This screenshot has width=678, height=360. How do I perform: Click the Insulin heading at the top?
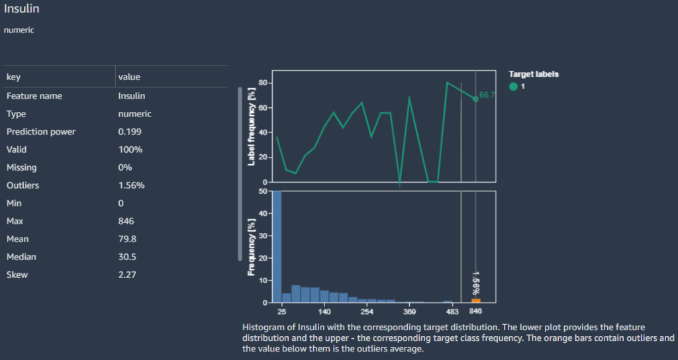click(x=21, y=10)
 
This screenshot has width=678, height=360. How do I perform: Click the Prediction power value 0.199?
click(x=130, y=132)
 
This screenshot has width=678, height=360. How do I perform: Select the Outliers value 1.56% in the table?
click(x=131, y=185)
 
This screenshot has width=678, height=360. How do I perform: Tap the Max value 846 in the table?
click(x=126, y=221)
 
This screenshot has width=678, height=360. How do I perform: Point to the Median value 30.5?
click(x=127, y=257)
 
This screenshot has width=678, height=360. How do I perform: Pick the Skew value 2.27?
click(x=127, y=275)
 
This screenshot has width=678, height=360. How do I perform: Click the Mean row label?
click(x=18, y=239)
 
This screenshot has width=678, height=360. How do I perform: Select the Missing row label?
click(x=22, y=167)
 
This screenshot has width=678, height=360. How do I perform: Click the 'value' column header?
click(x=129, y=77)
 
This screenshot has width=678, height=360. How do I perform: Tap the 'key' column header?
click(x=13, y=77)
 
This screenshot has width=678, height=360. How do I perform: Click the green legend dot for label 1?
click(x=514, y=86)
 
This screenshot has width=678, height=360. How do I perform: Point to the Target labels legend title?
click(x=534, y=74)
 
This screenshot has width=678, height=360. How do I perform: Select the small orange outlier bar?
click(x=476, y=300)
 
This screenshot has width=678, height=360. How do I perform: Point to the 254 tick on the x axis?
click(x=367, y=311)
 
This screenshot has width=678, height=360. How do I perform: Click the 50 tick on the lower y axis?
click(x=262, y=192)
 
